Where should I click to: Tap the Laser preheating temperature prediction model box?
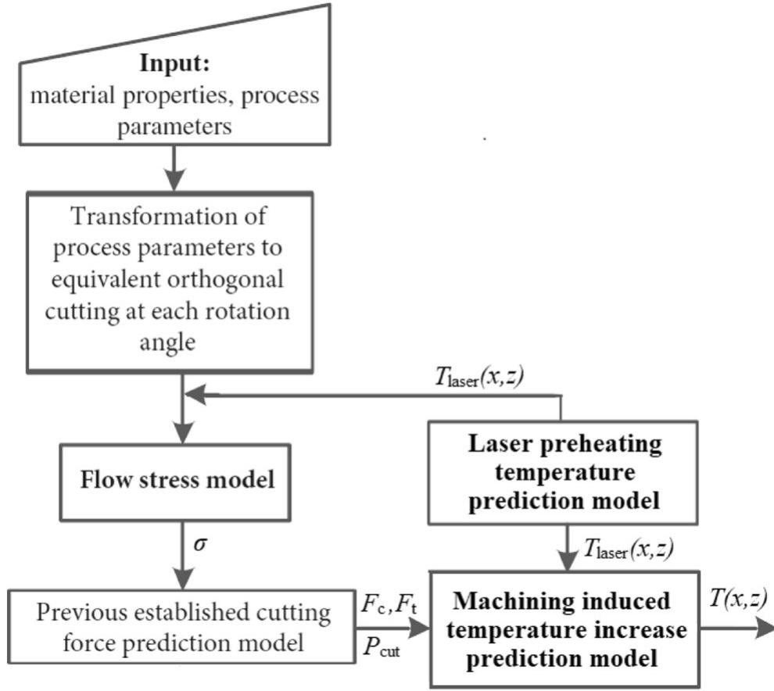[563, 472]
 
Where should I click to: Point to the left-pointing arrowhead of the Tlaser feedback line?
[195, 396]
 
